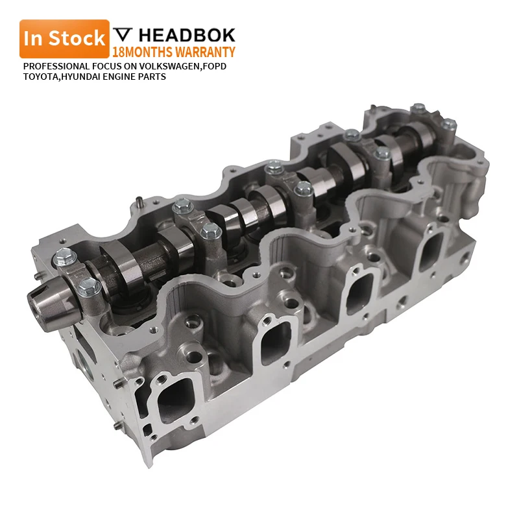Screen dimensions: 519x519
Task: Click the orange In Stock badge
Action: click(64, 38)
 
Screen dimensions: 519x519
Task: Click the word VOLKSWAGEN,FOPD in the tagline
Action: click(187, 66)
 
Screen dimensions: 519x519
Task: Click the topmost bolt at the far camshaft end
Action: click(418, 106)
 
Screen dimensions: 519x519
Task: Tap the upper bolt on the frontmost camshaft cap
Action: click(63, 256)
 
